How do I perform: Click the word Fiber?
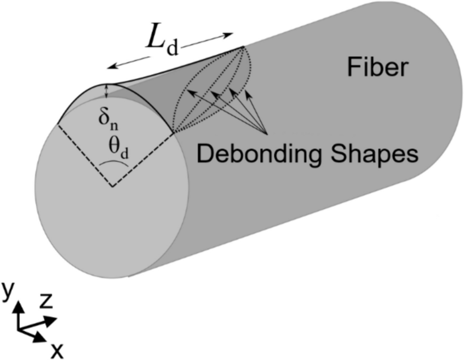click(x=378, y=68)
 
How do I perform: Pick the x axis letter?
click(x=57, y=351)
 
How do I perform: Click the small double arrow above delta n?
click(x=107, y=91)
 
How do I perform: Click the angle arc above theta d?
click(x=114, y=162)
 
